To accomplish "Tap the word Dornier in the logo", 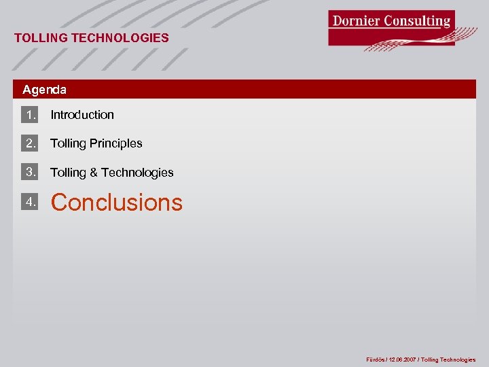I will pos(356,20).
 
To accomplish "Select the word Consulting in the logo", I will pos(417,20).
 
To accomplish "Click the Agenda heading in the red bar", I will pos(44,90).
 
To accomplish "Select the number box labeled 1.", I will pos(30,114).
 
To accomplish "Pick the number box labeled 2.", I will pos(30,143).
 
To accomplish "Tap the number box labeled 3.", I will pos(30,172).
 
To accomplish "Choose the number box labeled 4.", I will pos(30,202).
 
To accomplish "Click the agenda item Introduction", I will pos(82,115).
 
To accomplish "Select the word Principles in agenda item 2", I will pos(116,143).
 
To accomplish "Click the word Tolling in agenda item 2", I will pos(68,143).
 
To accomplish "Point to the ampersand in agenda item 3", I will pos(94,173).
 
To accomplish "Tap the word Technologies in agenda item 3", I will pos(137,173).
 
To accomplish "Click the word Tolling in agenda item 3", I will pos(68,173).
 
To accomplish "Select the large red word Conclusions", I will pos(117,203).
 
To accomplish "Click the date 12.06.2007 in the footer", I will pos(401,360).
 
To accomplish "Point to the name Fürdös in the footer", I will pos(376,360).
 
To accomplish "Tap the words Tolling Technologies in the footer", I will pos(448,360).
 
